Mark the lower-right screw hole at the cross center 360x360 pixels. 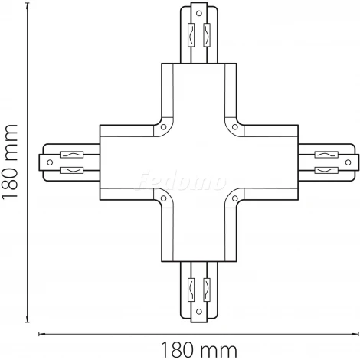(227, 200)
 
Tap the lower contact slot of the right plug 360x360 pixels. (322, 172)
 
